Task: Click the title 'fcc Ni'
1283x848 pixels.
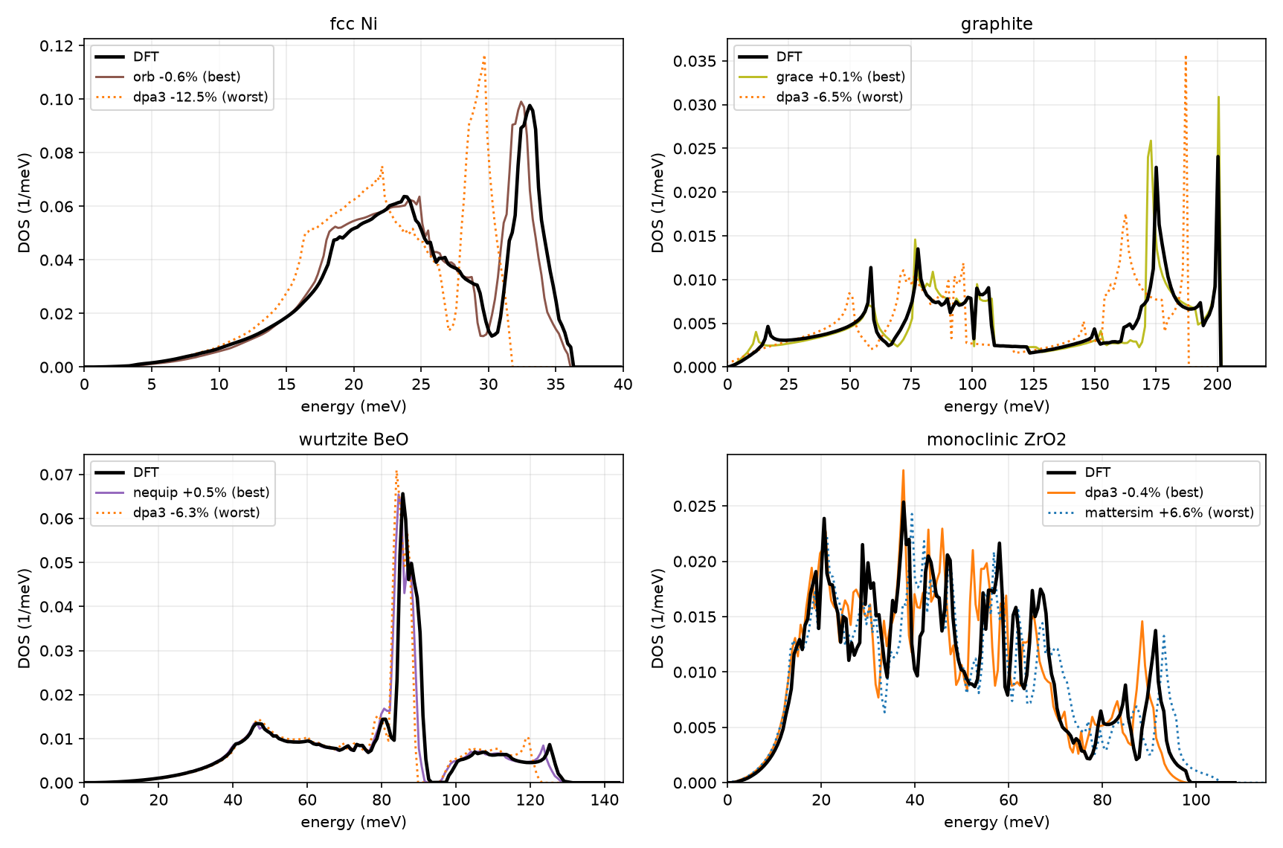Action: click(353, 24)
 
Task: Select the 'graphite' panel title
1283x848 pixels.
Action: click(997, 24)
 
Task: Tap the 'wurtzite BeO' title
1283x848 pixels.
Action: click(353, 440)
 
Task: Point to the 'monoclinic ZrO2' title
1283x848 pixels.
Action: click(997, 440)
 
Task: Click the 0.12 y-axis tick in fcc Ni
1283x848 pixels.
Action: click(57, 46)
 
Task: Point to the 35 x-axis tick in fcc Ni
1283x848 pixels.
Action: click(556, 385)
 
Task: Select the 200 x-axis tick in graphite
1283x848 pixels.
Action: click(1218, 385)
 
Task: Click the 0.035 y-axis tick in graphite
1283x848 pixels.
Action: click(695, 61)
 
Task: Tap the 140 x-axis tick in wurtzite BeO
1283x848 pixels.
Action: click(605, 800)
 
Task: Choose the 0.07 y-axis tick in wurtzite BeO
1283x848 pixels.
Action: click(57, 475)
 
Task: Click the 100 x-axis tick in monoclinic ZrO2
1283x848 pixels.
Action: click(1196, 800)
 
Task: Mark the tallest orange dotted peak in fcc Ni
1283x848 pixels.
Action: click(484, 56)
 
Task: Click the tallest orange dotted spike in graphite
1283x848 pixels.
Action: click(1186, 56)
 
